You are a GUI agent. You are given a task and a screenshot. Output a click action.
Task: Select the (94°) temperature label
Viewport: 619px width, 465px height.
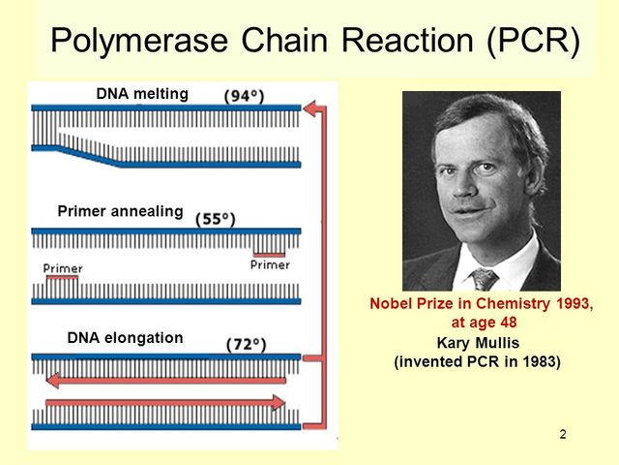coord(244,96)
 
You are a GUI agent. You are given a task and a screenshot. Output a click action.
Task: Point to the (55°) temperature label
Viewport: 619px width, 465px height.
coord(216,219)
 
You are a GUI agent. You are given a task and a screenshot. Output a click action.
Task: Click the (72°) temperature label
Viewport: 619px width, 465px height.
coord(248,344)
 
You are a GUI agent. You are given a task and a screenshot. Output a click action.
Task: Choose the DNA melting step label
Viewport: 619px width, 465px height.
coord(142,94)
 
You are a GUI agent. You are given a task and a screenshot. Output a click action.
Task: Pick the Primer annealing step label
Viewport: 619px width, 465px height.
coord(120,211)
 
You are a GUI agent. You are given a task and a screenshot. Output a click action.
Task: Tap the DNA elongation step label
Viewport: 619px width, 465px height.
coord(125,338)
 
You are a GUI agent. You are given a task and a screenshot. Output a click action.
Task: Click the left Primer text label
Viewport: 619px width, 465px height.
coord(63,268)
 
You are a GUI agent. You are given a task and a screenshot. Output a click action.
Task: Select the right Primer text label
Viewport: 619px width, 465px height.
coord(269,264)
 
